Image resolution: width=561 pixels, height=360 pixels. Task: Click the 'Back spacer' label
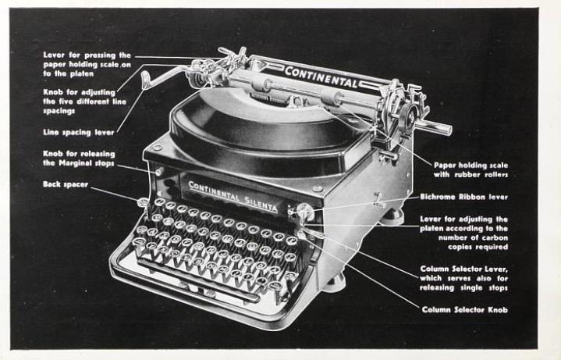click(66, 184)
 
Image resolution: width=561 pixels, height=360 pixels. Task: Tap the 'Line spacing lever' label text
click(79, 133)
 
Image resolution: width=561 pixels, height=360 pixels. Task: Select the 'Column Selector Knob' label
click(465, 310)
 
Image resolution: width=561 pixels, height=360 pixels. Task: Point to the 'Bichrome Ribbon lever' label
click(464, 197)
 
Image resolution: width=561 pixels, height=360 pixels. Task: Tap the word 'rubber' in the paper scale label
click(467, 175)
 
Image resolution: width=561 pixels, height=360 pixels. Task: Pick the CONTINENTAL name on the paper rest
click(321, 77)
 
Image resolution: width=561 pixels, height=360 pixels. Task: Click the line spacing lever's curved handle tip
click(144, 79)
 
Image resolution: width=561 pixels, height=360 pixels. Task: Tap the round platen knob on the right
click(409, 116)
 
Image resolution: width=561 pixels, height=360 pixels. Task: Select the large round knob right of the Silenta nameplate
click(306, 212)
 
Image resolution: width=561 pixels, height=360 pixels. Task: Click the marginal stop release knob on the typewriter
click(159, 172)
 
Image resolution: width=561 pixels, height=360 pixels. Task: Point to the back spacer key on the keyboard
click(143, 202)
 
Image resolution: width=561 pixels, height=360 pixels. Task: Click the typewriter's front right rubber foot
click(335, 282)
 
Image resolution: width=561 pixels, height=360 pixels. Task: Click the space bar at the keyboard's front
click(198, 280)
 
